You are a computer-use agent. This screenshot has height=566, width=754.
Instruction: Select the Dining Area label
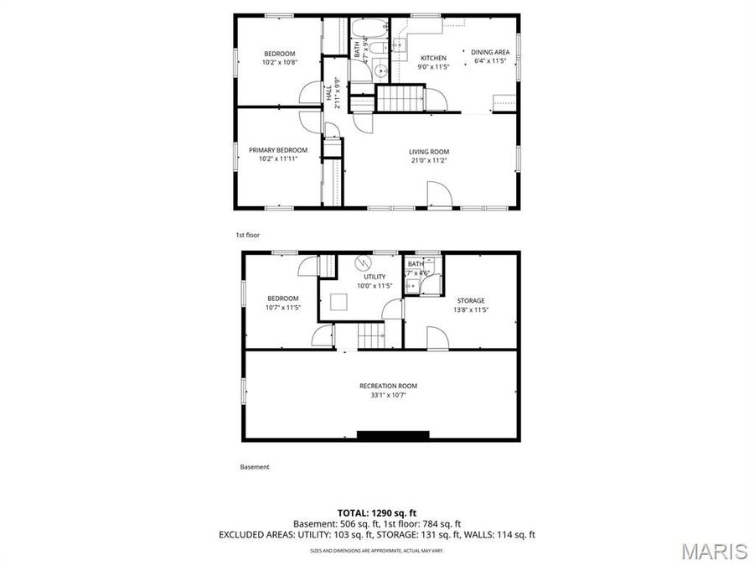click(x=491, y=52)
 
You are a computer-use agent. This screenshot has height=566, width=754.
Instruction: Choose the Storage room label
click(x=470, y=300)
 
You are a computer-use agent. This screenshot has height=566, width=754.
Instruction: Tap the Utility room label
click(x=374, y=277)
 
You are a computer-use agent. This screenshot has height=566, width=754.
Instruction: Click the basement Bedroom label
click(x=282, y=299)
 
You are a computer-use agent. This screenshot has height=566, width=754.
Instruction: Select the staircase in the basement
click(x=370, y=336)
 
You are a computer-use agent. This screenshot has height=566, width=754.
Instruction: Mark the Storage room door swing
click(x=436, y=338)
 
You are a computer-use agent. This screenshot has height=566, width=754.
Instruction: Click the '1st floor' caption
click(x=248, y=236)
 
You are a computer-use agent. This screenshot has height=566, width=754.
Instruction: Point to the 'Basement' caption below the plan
click(x=255, y=467)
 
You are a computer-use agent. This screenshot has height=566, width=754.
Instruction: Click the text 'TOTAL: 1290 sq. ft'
click(x=376, y=511)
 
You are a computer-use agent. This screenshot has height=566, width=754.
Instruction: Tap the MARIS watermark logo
click(x=714, y=551)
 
